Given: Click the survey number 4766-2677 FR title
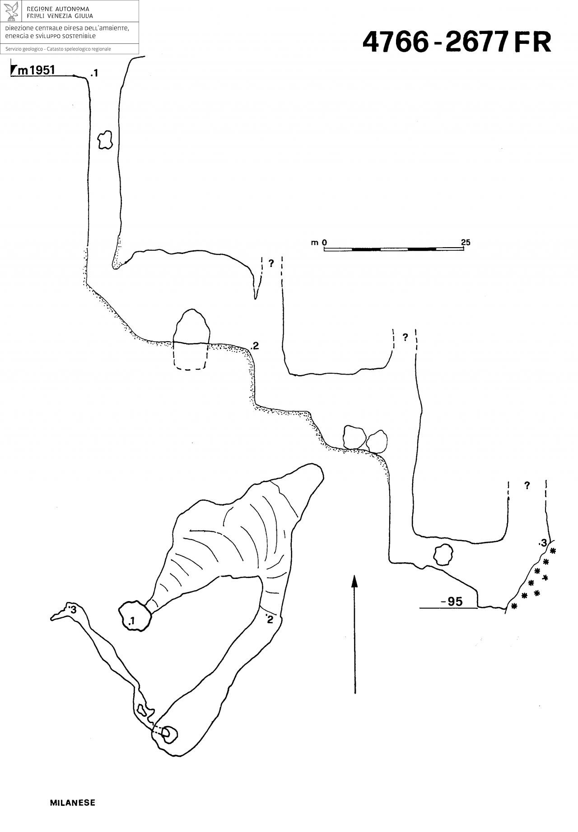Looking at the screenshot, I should (457, 42).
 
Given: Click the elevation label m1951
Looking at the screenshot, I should (36, 70).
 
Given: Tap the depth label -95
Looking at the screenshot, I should (452, 602).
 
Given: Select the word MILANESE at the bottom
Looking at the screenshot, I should (72, 803).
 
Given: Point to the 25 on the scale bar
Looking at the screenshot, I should (466, 242).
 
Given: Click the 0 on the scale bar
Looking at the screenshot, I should (324, 243).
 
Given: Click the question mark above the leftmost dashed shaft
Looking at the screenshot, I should (271, 263).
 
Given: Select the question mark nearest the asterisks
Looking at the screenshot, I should (527, 486).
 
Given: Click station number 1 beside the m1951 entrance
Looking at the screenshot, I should (94, 73).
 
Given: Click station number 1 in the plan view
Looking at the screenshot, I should (131, 622).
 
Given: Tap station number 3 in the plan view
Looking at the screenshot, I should (74, 610).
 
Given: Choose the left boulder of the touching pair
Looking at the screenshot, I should (354, 437).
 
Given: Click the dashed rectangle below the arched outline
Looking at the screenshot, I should (190, 357).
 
